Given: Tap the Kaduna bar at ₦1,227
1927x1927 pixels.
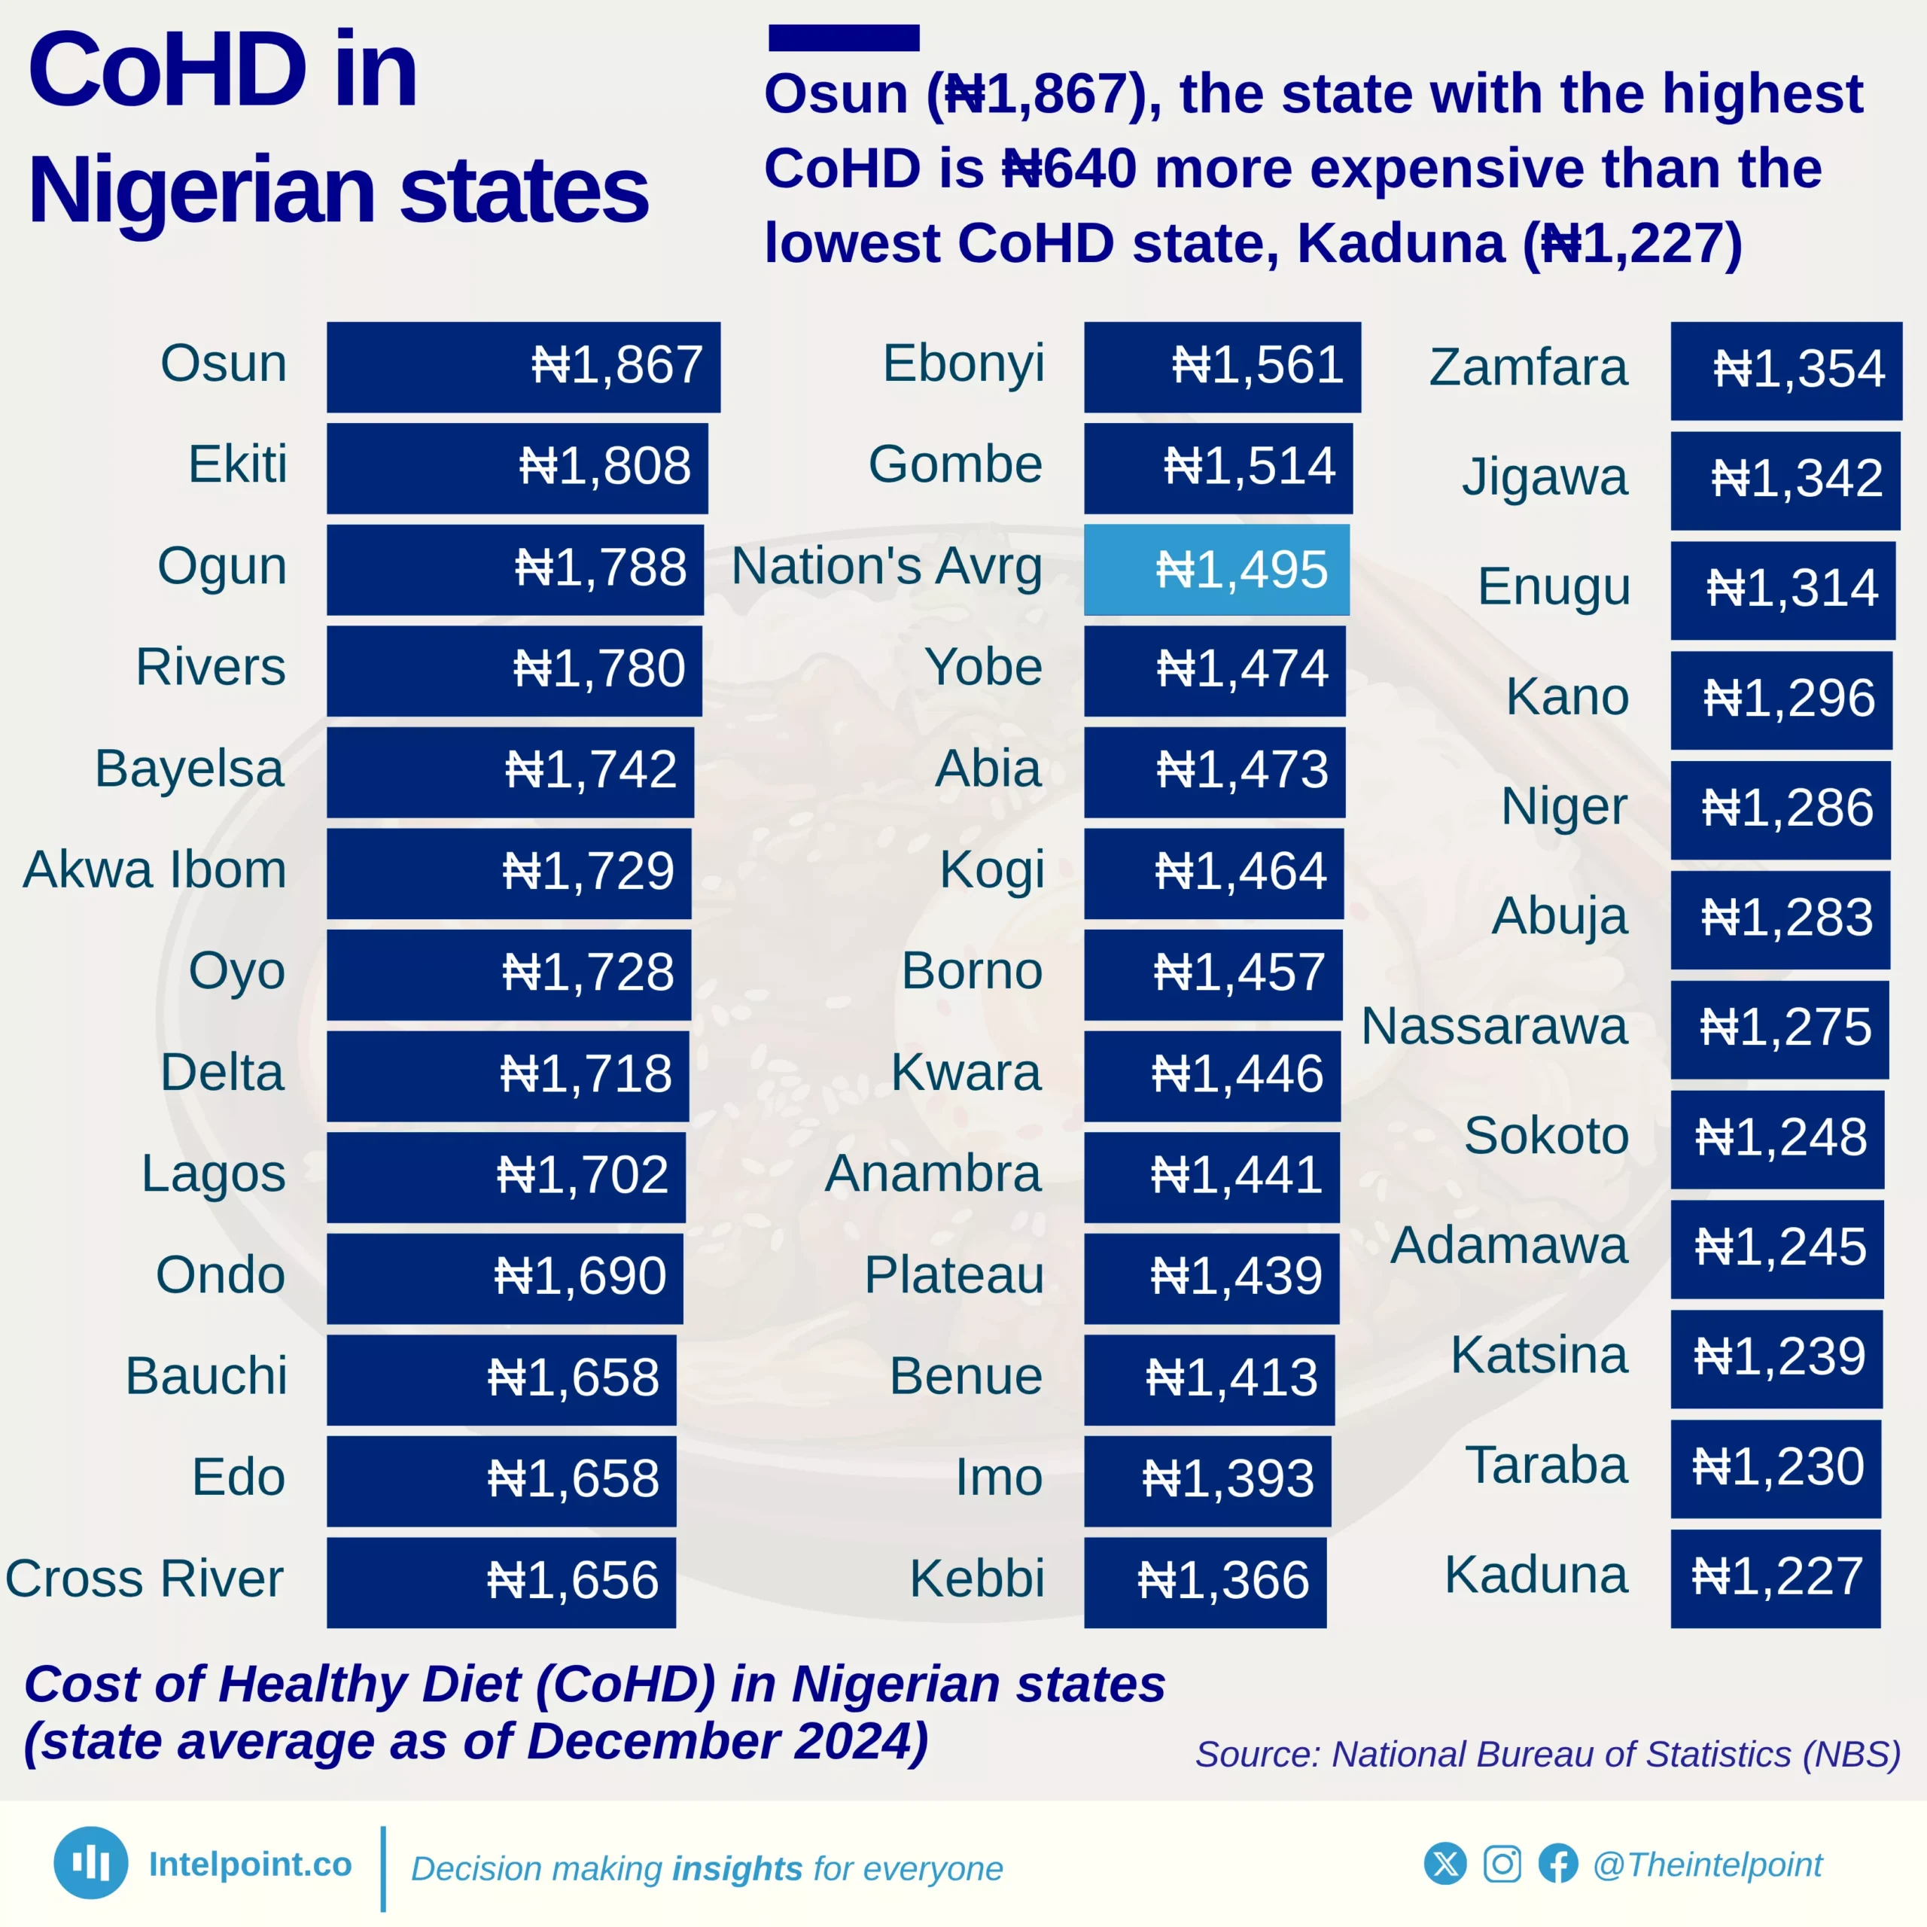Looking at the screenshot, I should [1776, 1577].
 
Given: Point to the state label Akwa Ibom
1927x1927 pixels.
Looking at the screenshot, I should [154, 869].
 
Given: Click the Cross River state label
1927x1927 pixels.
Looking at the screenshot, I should [145, 1579].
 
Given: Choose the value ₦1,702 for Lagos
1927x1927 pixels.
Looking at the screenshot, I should [583, 1175].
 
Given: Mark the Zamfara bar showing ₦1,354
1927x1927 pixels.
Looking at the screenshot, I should [1785, 369].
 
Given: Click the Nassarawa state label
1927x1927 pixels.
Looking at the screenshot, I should [1493, 1026].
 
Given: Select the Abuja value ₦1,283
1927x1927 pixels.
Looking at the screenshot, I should [1786, 918].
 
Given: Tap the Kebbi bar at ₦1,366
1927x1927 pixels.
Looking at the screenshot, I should [1205, 1581].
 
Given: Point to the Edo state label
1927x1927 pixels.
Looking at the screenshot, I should [239, 1477].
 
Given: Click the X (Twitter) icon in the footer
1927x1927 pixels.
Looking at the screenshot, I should [1445, 1865].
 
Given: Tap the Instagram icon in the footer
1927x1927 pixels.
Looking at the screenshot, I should [1502, 1865].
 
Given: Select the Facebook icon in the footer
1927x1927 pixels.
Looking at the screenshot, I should [1558, 1865].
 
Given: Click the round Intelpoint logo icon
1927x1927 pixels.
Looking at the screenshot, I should [91, 1862].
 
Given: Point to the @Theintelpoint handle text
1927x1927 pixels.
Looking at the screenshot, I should [1707, 1865].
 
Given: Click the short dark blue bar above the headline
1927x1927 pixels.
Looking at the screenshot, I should [843, 38].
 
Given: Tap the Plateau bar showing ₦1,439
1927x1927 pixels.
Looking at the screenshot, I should [1211, 1277].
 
